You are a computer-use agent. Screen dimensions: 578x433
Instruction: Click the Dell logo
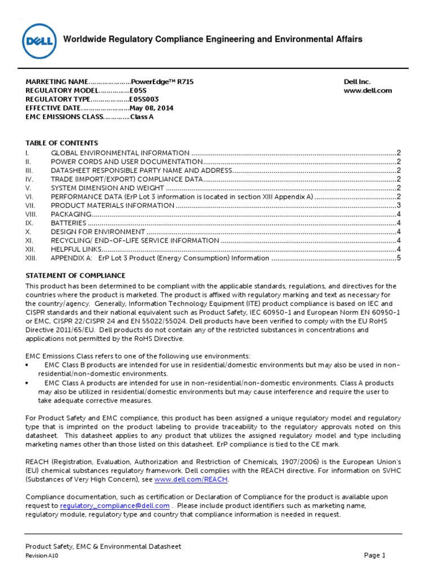click(38, 40)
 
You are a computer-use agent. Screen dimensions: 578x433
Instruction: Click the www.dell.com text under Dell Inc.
click(368, 90)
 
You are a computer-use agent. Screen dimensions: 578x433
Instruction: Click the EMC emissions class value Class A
click(142, 117)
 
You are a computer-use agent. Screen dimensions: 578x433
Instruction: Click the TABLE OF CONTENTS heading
click(62, 143)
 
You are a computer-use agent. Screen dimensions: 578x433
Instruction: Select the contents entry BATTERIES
click(69, 223)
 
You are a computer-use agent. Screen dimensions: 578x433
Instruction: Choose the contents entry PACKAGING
click(71, 214)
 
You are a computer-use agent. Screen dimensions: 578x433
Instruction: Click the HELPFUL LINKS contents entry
click(76, 249)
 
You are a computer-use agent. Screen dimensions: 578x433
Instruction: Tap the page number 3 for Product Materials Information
click(398, 205)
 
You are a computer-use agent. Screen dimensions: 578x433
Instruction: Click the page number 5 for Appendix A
click(398, 258)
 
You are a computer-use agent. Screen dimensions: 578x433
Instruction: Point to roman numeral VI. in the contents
click(30, 196)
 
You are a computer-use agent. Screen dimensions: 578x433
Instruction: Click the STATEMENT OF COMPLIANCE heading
click(76, 275)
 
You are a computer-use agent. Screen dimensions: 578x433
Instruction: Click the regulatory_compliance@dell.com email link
click(107, 506)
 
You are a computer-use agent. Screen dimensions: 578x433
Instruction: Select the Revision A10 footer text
click(42, 556)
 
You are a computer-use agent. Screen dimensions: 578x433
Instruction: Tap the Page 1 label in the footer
click(374, 555)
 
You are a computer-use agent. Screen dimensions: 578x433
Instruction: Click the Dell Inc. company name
click(357, 82)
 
